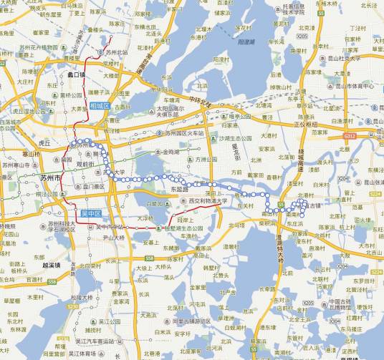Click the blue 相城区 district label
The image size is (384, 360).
click(x=100, y=106)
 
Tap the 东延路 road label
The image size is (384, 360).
click(x=183, y=189)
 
